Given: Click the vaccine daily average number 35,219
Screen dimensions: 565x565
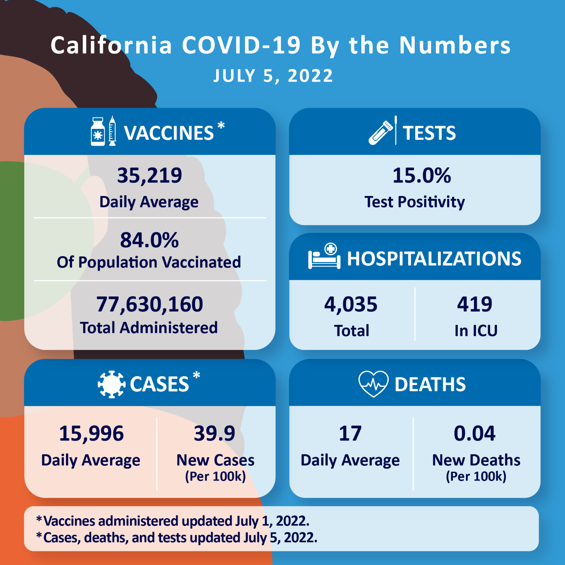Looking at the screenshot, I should coord(149,175).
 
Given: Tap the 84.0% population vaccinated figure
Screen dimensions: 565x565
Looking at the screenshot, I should coord(149,240).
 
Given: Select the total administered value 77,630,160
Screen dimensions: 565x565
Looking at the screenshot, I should coord(149,304).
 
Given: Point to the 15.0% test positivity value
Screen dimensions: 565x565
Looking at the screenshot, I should coord(422,175).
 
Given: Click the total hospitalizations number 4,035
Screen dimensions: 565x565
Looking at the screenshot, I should coord(351,304).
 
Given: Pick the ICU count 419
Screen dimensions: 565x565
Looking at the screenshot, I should coord(474,304).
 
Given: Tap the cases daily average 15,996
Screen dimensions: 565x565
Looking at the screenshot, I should coord(91,433).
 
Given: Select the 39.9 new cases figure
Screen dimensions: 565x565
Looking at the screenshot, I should coord(215,433).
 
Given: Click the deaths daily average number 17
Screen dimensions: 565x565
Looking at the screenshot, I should coord(350,433).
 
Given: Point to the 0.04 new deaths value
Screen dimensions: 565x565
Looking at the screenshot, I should coord(474,433).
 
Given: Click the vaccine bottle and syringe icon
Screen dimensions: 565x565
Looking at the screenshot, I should coord(103,131).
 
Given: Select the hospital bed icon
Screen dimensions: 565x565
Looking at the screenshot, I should coord(324,256).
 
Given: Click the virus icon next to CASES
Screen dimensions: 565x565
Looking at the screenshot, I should coord(112,384).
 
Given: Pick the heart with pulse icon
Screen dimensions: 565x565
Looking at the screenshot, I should coord(373,383).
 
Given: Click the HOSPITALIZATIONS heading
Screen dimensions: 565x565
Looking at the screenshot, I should coord(434,258).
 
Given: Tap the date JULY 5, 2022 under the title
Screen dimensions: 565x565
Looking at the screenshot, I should coord(273,76).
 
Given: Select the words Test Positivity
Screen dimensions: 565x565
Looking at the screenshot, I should coord(414,202).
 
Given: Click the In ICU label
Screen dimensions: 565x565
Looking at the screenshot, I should coord(476,331).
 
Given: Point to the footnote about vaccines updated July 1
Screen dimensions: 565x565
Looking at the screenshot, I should coord(173,521).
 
